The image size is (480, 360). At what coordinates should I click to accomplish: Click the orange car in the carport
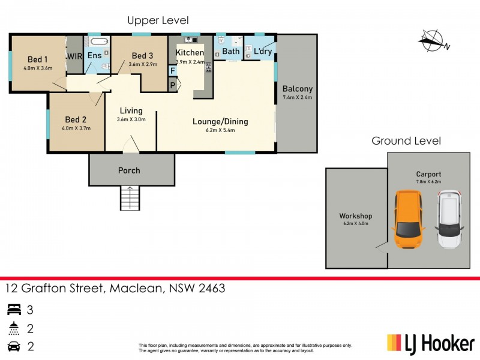[x=408, y=220]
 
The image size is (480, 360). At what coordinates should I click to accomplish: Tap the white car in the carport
[x=449, y=220]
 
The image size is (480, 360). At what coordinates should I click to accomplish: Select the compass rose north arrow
[x=433, y=41]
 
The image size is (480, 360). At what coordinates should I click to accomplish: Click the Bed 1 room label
[x=38, y=59]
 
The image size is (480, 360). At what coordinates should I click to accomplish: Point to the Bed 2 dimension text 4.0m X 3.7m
[x=76, y=127]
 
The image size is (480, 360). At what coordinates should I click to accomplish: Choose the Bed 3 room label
[x=143, y=56]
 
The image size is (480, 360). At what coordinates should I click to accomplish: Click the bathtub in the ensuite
[x=98, y=43]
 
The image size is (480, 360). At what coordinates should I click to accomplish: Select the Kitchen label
[x=190, y=53]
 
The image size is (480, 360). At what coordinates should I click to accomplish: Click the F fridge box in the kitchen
[x=173, y=71]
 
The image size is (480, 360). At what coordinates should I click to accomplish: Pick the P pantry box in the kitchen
[x=173, y=85]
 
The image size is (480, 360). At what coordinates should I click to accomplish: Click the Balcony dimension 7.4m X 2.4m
[x=298, y=97]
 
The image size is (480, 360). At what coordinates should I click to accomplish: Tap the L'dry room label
[x=263, y=52]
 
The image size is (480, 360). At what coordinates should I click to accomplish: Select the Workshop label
[x=356, y=216]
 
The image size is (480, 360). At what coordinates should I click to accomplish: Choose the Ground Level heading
[x=406, y=141]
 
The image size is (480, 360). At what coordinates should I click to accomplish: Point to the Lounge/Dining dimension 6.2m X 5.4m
[x=220, y=130]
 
